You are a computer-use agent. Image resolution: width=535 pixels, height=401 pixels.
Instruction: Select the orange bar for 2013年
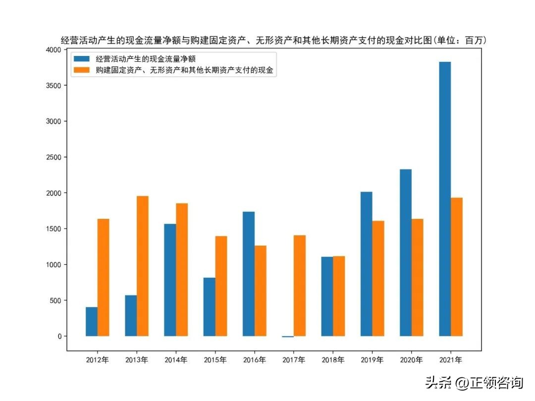(x=143, y=266)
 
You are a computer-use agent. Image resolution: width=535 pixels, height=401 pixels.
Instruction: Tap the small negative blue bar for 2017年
(x=288, y=337)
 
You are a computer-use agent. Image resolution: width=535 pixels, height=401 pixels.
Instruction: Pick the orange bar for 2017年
(x=300, y=286)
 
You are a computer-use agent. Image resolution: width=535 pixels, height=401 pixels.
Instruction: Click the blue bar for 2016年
(x=249, y=274)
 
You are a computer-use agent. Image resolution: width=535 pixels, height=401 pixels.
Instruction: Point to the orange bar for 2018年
(x=339, y=296)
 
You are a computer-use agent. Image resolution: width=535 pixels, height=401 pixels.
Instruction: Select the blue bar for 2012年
(x=92, y=321)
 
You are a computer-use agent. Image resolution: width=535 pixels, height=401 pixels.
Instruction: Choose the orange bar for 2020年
(x=417, y=277)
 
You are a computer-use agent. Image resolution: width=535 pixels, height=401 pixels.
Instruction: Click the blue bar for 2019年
(x=366, y=264)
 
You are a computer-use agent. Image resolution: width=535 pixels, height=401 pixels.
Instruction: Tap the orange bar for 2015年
(x=221, y=286)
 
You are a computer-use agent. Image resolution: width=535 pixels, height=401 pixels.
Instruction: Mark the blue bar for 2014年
(x=170, y=280)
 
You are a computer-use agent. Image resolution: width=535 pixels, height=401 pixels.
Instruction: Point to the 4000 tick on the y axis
(x=53, y=50)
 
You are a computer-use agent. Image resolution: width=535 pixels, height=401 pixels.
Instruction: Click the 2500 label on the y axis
(x=53, y=157)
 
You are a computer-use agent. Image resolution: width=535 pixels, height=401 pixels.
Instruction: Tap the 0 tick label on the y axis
(x=59, y=336)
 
